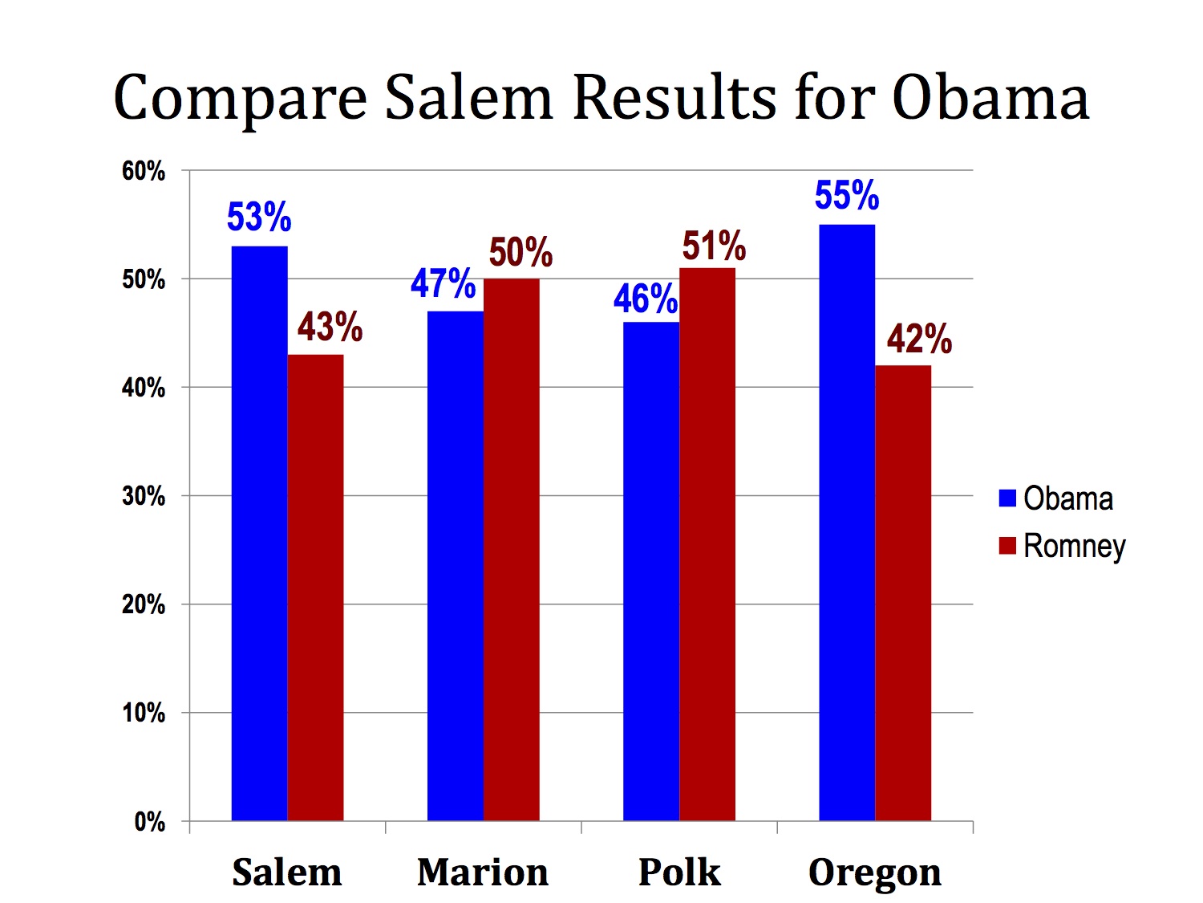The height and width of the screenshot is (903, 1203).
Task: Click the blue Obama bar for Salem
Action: click(259, 533)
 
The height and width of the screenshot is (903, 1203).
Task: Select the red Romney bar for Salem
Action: click(315, 587)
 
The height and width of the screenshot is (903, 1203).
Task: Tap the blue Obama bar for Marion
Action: click(455, 565)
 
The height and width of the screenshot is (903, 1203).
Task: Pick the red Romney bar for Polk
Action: click(707, 543)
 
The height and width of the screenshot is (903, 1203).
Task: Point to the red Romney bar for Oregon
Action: click(902, 592)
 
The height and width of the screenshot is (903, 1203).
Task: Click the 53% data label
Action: click(259, 217)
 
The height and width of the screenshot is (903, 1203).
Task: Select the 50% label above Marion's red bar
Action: click(520, 252)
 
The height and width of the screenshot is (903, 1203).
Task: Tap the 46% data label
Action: click(646, 299)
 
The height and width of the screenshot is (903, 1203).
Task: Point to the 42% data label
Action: click(919, 339)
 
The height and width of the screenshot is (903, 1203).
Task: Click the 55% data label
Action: click(847, 195)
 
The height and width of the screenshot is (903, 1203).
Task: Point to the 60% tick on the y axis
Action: click(144, 171)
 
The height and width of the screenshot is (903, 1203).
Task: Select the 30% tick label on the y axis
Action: click(144, 496)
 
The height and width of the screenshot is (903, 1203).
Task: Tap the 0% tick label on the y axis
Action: click(149, 822)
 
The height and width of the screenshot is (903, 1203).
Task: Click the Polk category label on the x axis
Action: click(679, 872)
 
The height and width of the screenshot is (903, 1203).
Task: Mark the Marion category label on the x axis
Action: click(483, 872)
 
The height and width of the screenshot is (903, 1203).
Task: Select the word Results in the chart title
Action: click(674, 98)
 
